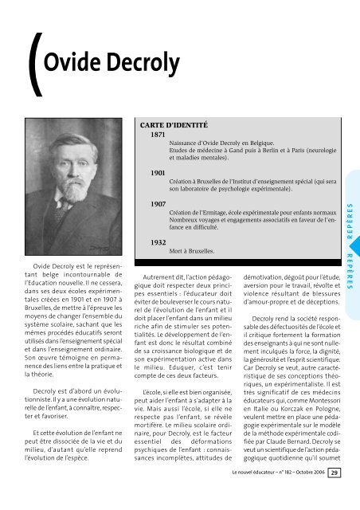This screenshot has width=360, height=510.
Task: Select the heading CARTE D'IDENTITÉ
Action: (174, 125)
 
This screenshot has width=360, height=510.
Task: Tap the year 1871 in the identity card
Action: (158, 135)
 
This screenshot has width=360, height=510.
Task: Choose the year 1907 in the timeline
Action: (158, 206)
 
